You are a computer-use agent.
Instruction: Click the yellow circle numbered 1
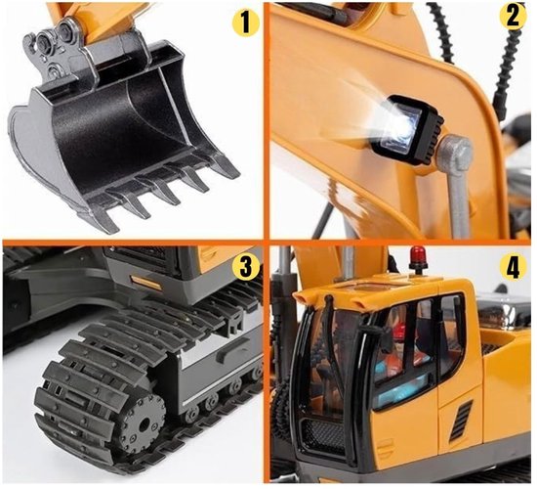click(246, 22)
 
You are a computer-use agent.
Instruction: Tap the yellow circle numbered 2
click(513, 16)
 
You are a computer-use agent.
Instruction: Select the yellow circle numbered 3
click(245, 267)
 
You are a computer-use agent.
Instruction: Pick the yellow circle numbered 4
click(513, 268)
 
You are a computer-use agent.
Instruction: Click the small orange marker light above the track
click(145, 282)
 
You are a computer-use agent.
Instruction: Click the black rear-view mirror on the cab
click(380, 337)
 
